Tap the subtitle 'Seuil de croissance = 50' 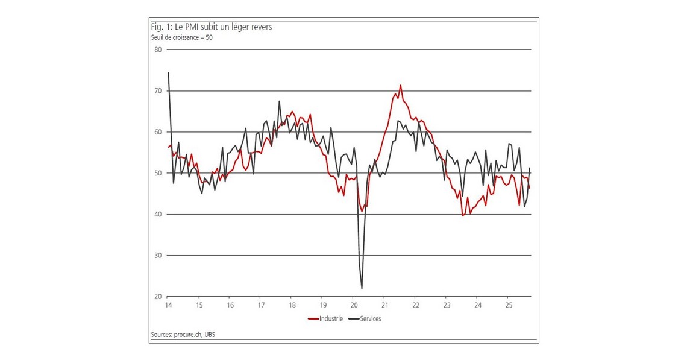click(x=181, y=37)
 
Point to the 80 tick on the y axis click(x=158, y=49)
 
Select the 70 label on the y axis click(x=158, y=90)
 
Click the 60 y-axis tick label click(x=158, y=132)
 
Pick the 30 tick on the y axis click(x=158, y=256)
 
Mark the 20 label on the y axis click(x=158, y=297)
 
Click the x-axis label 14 click(x=168, y=305)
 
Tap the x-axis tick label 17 click(x=261, y=305)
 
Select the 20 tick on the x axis click(x=354, y=305)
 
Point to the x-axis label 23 click(x=446, y=305)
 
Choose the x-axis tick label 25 click(x=508, y=305)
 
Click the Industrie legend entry click(x=325, y=318)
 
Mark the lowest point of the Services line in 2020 click(x=362, y=288)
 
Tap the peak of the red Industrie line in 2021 click(x=400, y=85)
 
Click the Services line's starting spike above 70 click(x=168, y=73)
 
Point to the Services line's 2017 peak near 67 click(x=280, y=101)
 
